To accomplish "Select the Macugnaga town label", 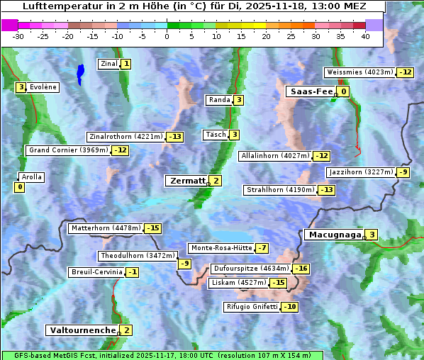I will point(333,235).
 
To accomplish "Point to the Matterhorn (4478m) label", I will point(105,228).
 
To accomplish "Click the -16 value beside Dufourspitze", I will point(301,269).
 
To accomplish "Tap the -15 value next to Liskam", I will point(279,283).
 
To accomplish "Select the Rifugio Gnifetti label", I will point(252,307).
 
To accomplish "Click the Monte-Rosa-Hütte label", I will point(220,248).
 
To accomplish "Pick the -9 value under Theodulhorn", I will point(184,264).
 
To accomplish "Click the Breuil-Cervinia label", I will point(96,272).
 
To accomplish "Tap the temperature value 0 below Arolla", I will point(19,187).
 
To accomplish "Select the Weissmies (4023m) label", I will point(359,72).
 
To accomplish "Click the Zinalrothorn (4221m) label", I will point(125,137).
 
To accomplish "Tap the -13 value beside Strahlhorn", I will point(326,190).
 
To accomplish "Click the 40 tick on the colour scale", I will point(365,36).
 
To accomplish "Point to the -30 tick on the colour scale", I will point(18,36).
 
